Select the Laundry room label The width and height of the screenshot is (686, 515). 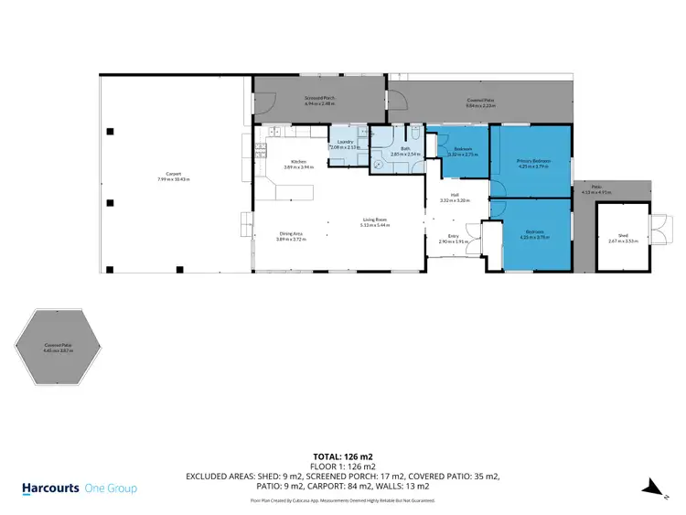(346, 142)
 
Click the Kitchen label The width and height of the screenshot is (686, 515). (284, 162)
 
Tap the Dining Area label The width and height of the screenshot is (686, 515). (292, 234)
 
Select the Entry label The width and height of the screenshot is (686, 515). (453, 236)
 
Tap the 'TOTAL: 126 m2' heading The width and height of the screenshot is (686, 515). (343, 455)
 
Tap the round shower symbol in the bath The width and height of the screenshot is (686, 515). (377, 166)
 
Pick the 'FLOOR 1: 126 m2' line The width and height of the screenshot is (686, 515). (343, 466)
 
